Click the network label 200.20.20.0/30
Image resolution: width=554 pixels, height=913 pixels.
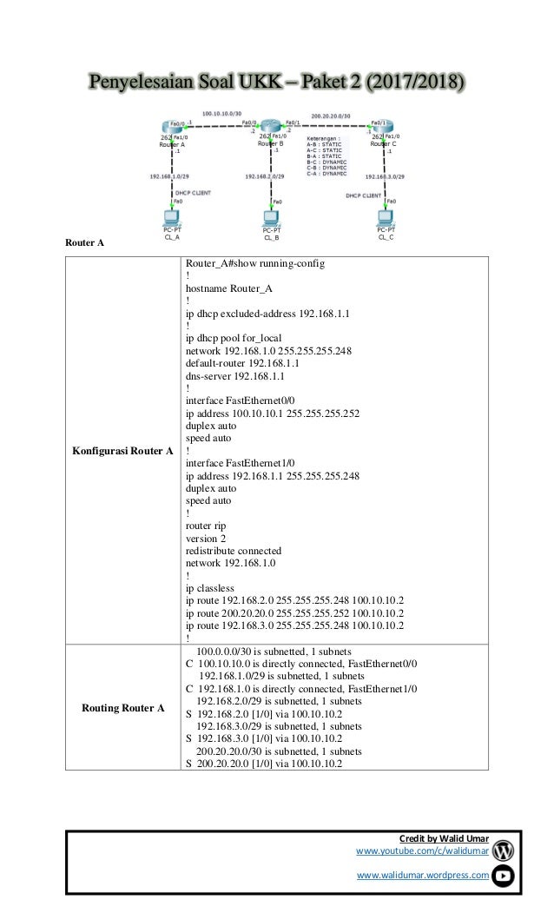[332, 114]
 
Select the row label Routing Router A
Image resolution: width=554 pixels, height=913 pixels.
[122, 709]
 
